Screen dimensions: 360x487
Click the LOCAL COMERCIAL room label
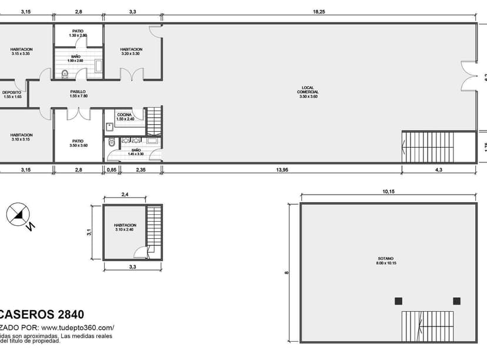(x=308, y=92)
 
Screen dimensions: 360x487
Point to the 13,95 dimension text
(x=282, y=170)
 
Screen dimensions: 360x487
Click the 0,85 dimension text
(x=111, y=170)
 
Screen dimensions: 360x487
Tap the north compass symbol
(x=18, y=215)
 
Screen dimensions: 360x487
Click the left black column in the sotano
(x=398, y=301)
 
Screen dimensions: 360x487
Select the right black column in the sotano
(x=456, y=301)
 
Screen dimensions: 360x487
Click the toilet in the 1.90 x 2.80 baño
(x=65, y=74)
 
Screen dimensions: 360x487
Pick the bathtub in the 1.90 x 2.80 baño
(x=98, y=66)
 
